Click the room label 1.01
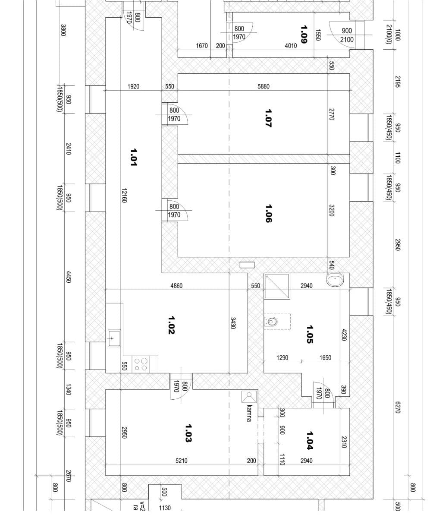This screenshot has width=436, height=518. [x=134, y=157]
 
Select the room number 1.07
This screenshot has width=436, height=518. [x=268, y=117]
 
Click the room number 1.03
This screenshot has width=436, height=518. [x=188, y=433]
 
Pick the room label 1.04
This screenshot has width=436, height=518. [x=310, y=440]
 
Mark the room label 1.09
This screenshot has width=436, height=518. [x=304, y=34]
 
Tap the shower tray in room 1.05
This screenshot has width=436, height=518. [x=277, y=286]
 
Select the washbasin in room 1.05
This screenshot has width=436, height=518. [x=335, y=281]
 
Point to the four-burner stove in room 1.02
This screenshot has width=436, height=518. [x=141, y=364]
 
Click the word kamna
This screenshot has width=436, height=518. [x=249, y=413]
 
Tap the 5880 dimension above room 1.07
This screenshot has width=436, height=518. [x=263, y=86]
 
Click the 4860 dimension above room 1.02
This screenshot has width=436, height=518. [x=176, y=286]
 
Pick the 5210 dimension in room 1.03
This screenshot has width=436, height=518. [x=181, y=461]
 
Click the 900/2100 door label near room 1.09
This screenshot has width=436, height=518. [x=347, y=35]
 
